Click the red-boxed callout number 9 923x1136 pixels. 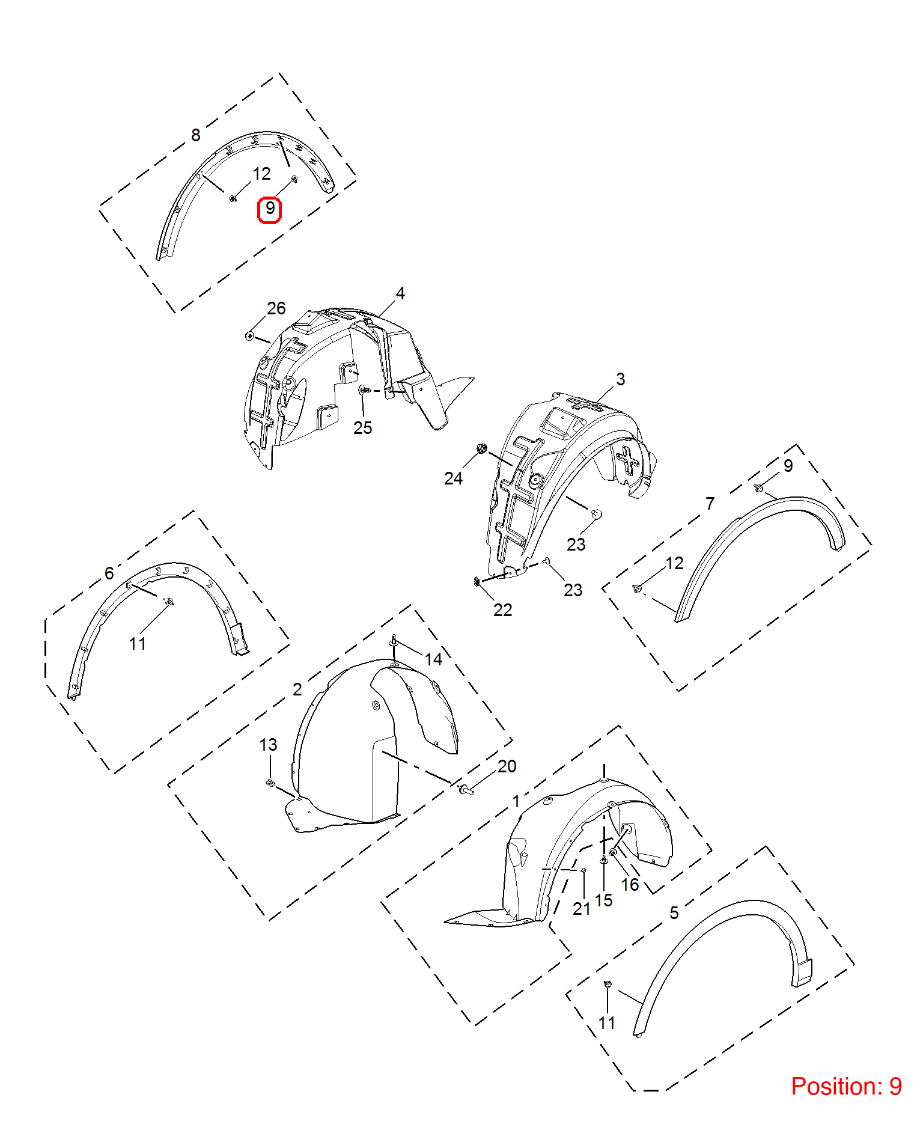[x=270, y=209]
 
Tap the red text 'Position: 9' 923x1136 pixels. [x=846, y=1086]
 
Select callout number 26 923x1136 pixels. [x=276, y=308]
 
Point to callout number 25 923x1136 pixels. [x=362, y=428]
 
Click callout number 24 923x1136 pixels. [x=453, y=478]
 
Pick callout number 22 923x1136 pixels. [x=502, y=610]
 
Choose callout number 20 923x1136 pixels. [x=507, y=766]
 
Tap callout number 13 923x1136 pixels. [x=268, y=745]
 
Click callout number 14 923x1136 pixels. [x=433, y=659]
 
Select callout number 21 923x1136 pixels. [x=581, y=909]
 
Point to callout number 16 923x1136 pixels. [x=630, y=885]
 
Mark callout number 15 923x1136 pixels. [x=603, y=900]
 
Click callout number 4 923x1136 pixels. [x=400, y=293]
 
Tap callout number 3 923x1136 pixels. [x=620, y=379]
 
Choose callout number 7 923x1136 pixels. [x=710, y=503]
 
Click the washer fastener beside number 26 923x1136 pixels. [x=249, y=335]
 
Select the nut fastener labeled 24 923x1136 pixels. [x=481, y=448]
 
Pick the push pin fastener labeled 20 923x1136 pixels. [x=466, y=790]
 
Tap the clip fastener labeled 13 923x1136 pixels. [x=270, y=783]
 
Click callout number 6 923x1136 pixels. [x=109, y=573]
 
